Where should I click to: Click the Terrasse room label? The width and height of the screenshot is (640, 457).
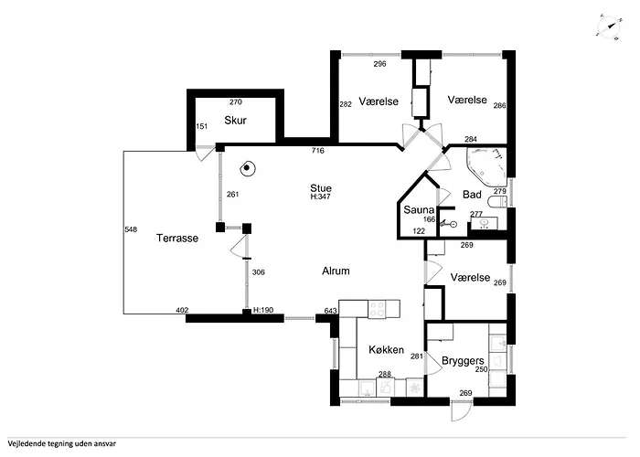point(177,238)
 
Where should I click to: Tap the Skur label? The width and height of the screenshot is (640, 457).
point(235,120)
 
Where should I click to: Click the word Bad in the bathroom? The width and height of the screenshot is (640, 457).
point(472,195)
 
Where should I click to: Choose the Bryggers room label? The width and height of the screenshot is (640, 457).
point(462,361)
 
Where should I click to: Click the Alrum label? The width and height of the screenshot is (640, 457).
point(336,271)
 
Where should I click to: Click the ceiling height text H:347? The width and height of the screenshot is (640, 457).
point(320,197)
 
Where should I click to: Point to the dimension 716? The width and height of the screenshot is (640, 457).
point(318,150)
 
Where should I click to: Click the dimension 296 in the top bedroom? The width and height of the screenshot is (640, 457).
point(379,65)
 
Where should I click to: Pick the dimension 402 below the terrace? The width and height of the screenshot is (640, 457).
point(182,311)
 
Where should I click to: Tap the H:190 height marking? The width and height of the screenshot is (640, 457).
point(263,311)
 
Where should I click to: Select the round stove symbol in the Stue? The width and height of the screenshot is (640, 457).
point(247,167)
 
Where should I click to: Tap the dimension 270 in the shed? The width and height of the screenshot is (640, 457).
point(235,102)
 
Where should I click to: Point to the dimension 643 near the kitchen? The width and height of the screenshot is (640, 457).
point(331,311)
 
